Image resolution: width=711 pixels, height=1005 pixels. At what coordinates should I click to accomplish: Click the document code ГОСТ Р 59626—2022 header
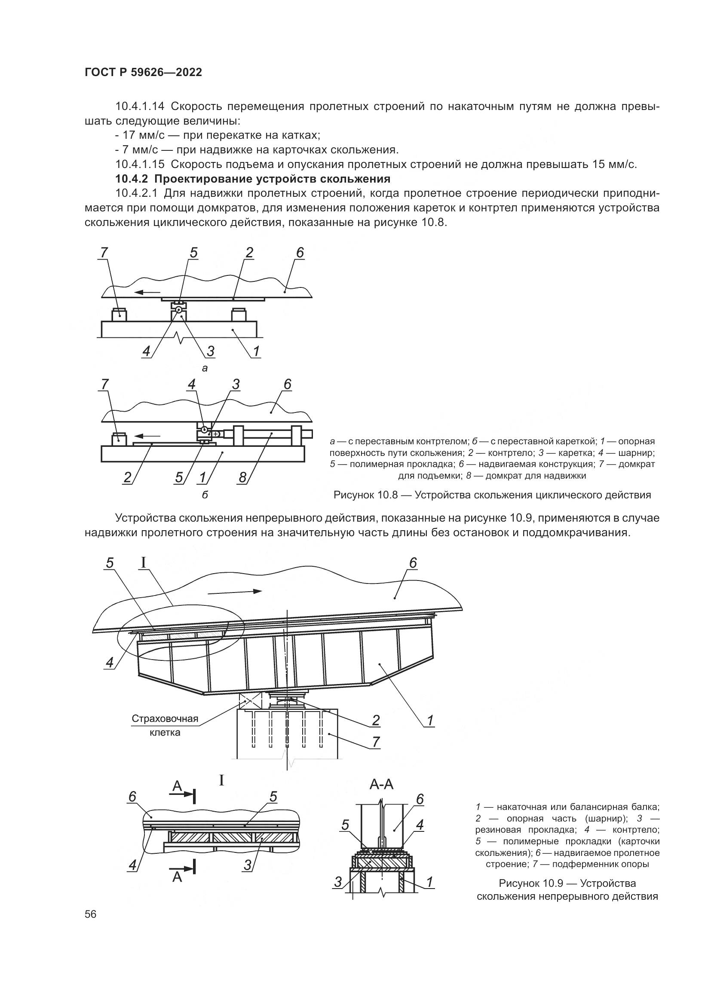coord(143,73)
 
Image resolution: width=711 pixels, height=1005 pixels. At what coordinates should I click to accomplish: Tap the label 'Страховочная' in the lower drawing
coord(165,719)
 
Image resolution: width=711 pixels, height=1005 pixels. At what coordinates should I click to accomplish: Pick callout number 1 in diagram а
coord(256,351)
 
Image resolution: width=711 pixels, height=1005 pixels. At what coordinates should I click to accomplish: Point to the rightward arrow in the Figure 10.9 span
coord(235,591)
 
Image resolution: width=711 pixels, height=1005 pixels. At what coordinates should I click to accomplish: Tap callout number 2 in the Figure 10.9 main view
coord(376,720)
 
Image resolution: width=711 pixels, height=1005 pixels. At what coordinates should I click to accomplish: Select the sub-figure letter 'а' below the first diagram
coord(205,369)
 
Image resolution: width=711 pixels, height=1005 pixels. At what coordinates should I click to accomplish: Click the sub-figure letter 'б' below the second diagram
coord(205,495)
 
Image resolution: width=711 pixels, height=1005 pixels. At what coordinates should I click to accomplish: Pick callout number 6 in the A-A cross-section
coord(420,799)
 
